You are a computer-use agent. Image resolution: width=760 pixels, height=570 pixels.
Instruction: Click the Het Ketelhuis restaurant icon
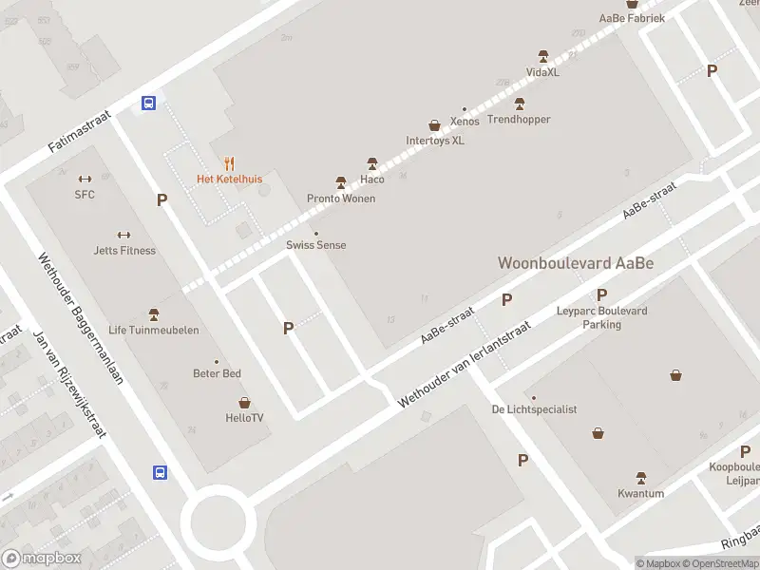coord(229,163)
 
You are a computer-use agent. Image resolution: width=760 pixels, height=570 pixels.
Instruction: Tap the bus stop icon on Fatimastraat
coord(149,104)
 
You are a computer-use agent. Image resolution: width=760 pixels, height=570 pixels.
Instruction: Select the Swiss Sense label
coord(316,245)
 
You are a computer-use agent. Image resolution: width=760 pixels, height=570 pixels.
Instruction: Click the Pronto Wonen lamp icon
coord(341,182)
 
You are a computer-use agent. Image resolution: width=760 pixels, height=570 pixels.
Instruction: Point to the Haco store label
coord(372,180)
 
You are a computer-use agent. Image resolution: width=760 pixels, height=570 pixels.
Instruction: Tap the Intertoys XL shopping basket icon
coord(435,124)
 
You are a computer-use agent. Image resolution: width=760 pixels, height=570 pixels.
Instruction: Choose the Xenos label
coord(465,122)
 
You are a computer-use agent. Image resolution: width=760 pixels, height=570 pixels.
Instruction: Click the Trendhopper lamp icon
coord(519,104)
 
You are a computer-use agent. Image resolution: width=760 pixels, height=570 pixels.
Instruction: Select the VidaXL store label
coord(543,72)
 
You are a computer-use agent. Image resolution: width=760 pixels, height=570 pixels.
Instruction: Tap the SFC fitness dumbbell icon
coord(85,179)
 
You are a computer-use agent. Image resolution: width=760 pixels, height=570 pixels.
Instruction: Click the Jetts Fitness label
coord(124,251)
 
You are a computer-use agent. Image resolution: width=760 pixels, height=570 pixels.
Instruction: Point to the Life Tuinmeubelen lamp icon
coord(154,314)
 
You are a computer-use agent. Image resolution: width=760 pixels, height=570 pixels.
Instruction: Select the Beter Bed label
coord(218,373)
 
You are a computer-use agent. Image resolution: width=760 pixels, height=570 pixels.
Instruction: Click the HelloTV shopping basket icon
coord(244,403)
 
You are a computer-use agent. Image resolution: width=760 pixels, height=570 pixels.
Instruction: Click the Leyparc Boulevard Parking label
coord(601,317)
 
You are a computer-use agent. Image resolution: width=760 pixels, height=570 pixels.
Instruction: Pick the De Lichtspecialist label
coord(535,409)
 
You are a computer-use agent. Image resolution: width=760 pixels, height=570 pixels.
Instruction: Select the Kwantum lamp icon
coord(640,478)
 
